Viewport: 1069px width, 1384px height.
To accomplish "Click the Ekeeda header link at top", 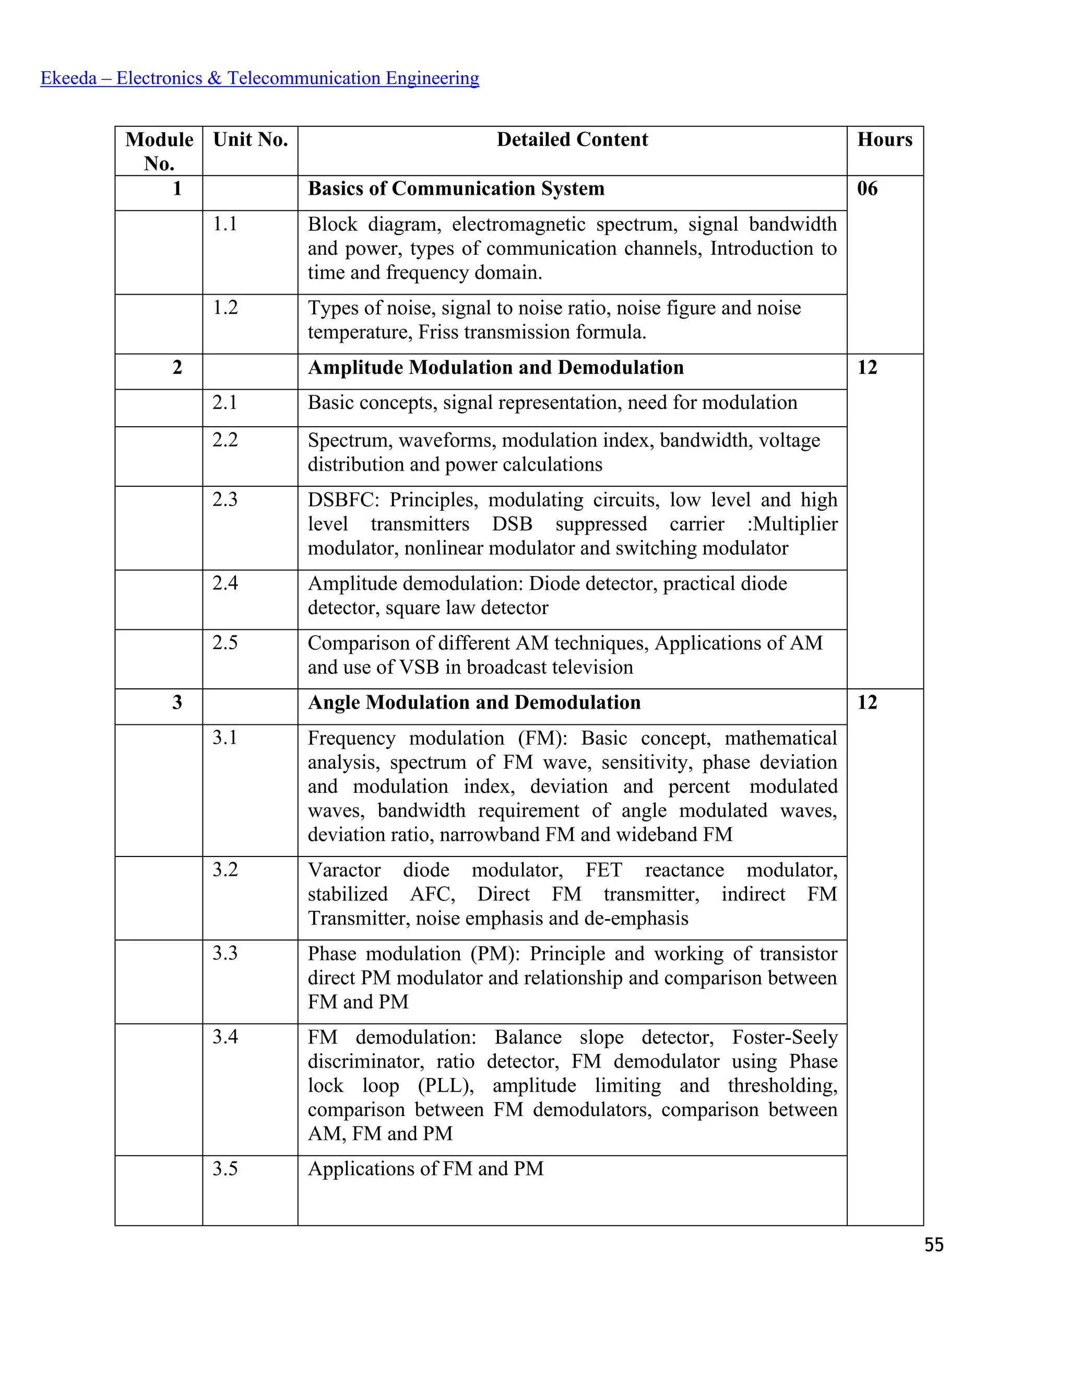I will point(259,78).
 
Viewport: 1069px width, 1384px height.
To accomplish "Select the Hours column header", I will point(884,139).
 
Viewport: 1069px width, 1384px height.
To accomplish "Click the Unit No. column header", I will point(250,139).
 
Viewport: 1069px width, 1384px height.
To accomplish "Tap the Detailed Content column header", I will point(572,139).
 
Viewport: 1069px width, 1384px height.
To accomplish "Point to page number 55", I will point(933,1245).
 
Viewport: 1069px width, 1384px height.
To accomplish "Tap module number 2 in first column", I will point(177,367).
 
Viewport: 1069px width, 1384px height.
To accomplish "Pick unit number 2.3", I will point(225,499).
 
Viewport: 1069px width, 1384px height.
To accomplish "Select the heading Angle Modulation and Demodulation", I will point(474,702).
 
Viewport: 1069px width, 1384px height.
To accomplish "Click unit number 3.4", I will point(225,1037).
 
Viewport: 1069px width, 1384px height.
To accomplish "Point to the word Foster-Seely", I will point(785,1037).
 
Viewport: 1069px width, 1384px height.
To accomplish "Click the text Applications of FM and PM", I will point(425,1168).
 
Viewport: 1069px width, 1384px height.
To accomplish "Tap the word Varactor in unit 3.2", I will point(345,870).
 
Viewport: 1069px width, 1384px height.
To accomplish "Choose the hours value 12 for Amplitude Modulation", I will point(867,367).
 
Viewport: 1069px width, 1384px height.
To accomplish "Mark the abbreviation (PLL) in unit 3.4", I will point(446,1086).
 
